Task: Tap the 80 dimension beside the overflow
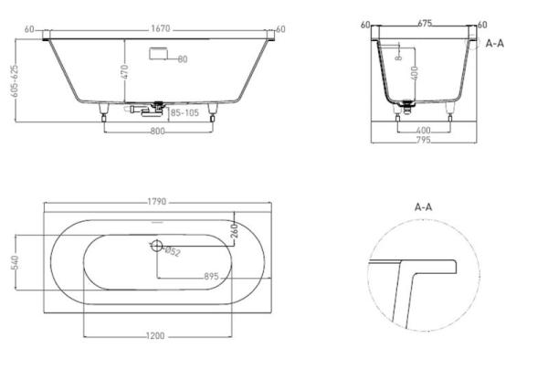click(183, 59)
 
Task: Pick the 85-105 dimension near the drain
click(184, 112)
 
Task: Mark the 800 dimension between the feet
click(157, 131)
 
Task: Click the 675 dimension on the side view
click(424, 25)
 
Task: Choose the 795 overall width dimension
click(424, 140)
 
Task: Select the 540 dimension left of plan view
click(14, 262)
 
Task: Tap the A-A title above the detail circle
click(423, 207)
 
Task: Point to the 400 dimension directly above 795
click(424, 131)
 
